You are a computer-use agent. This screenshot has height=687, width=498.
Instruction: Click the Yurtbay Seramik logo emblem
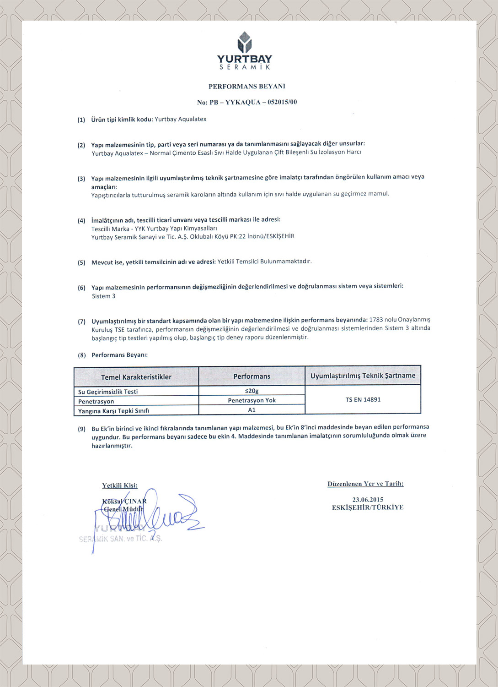245,43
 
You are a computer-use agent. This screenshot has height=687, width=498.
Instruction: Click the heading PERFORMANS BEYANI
247,86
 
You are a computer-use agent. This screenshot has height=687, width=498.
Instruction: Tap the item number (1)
81,120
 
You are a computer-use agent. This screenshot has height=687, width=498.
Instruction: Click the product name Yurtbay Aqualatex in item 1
181,119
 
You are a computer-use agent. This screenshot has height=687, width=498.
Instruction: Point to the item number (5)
81,262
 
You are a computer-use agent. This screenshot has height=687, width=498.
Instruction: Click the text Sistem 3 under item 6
103,296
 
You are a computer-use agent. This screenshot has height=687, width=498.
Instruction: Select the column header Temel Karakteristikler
136,377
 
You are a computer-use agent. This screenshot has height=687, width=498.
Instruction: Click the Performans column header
252,376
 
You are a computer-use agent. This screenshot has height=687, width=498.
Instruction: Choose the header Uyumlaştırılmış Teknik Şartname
363,376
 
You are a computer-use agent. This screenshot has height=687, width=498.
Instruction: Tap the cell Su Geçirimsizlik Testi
108,392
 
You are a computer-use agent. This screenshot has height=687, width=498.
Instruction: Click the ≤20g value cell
252,391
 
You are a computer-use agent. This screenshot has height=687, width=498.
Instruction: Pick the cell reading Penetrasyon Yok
252,400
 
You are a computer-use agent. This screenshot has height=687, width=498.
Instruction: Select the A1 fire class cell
252,410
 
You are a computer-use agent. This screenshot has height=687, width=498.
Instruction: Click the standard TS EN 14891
363,399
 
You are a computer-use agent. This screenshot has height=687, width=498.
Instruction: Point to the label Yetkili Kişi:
120,485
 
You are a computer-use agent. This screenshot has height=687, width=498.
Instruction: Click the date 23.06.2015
368,499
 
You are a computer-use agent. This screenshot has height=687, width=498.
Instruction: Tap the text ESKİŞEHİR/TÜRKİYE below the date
368,507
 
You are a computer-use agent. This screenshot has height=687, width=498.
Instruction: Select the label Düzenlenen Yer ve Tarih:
365,484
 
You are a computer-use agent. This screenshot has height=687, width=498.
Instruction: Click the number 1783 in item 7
376,320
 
